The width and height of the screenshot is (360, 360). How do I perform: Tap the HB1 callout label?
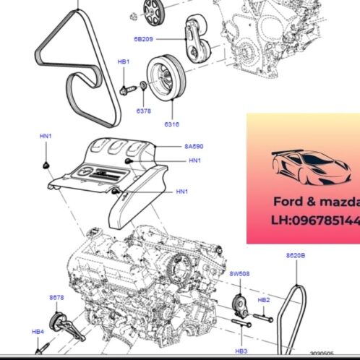pyautogui.click(x=124, y=63)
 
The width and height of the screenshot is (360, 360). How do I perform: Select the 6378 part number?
pyautogui.click(x=145, y=111)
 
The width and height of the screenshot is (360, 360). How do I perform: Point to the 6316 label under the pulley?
pyautogui.click(x=172, y=124)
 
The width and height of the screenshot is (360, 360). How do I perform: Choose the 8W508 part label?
pyautogui.click(x=239, y=274)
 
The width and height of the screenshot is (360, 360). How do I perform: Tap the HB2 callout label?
pyautogui.click(x=264, y=299)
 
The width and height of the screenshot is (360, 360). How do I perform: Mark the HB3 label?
pyautogui.click(x=241, y=350)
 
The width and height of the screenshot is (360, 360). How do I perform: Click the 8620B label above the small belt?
pyautogui.click(x=296, y=256)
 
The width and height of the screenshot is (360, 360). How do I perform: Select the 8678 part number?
pyautogui.click(x=56, y=298)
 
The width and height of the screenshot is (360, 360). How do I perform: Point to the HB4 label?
pyautogui.click(x=38, y=331)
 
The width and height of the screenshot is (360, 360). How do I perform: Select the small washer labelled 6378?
pyautogui.click(x=142, y=88)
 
